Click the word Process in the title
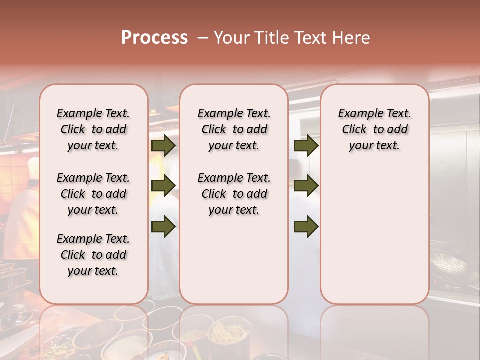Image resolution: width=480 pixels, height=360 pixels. pyautogui.click(x=154, y=38)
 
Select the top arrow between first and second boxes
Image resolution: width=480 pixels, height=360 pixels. pyautogui.click(x=163, y=145)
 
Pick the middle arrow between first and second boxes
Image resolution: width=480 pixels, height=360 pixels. pyautogui.click(x=163, y=186)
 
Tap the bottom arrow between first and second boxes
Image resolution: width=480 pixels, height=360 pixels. pyautogui.click(x=163, y=226)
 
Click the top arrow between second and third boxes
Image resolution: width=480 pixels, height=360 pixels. pyautogui.click(x=306, y=145)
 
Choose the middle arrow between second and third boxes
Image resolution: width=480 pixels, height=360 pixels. pyautogui.click(x=306, y=186)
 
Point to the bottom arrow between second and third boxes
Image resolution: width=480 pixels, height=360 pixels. pyautogui.click(x=306, y=226)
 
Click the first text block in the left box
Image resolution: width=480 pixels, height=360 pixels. pyautogui.click(x=93, y=129)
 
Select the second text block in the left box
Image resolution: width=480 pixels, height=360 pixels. pyautogui.click(x=93, y=194)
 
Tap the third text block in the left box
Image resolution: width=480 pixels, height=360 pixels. pyautogui.click(x=93, y=255)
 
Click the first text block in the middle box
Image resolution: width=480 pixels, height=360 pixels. pyautogui.click(x=234, y=129)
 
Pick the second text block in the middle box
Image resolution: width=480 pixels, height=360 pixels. pyautogui.click(x=234, y=194)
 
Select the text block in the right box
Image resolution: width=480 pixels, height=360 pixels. pyautogui.click(x=375, y=129)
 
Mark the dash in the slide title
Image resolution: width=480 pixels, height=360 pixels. pyautogui.click(x=203, y=38)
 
